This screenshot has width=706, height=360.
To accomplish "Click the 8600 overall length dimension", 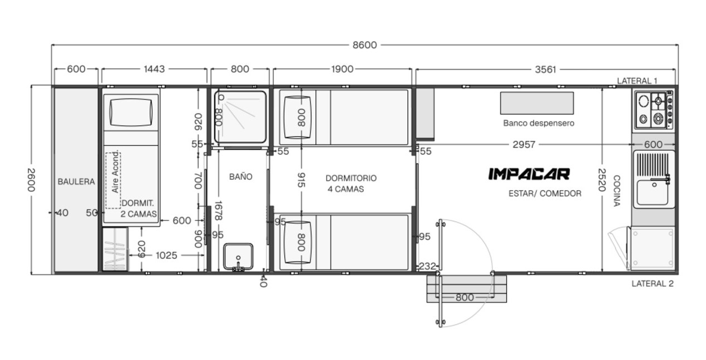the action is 364,45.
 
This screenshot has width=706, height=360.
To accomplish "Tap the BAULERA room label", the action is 76,181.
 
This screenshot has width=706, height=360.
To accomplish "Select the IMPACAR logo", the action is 529,174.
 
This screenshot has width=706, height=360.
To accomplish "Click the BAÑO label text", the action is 240,176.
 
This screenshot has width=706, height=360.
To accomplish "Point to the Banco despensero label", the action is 539,123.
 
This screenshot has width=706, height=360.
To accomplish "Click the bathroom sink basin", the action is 238,257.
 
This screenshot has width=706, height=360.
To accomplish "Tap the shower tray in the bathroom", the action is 240,117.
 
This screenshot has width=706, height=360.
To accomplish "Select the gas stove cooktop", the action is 654,110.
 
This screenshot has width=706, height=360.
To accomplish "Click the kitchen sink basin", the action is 652,193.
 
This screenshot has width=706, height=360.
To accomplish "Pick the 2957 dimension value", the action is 524,145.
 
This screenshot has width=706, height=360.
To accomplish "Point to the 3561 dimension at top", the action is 545,70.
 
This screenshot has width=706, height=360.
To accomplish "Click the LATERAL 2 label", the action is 653,284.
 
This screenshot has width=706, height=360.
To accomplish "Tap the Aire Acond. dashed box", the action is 113,180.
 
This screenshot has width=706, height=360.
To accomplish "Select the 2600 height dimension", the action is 31,180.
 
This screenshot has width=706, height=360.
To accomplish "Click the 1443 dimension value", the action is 154,69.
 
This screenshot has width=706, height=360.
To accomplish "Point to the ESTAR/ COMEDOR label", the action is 545,194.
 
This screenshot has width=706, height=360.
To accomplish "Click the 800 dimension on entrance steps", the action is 465,297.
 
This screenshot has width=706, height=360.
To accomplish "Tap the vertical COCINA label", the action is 616,191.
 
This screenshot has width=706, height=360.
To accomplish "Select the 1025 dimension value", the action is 166,255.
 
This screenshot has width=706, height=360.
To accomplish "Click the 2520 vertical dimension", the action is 602,180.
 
